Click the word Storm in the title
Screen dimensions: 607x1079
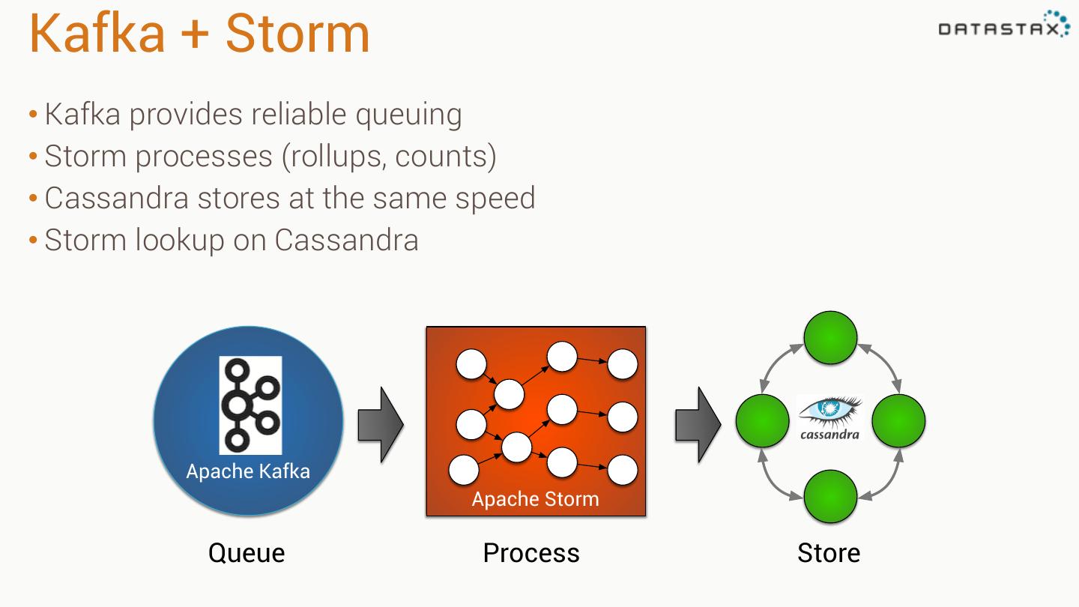pos(297,34)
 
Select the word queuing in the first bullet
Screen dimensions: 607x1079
pos(408,115)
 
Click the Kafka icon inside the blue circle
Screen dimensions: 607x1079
pos(250,405)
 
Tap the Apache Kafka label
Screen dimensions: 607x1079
pos(248,471)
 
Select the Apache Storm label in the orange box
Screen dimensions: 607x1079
pos(535,499)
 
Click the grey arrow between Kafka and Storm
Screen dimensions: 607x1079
pos(381,425)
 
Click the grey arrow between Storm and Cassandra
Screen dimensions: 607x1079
pos(698,425)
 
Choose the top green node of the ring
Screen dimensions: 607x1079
pos(830,338)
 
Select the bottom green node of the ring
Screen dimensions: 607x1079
pos(830,497)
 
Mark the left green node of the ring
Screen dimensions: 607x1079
pos(762,421)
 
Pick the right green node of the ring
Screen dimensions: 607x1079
pos(898,421)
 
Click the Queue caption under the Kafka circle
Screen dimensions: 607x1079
pos(247,553)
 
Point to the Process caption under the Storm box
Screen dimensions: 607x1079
pos(531,553)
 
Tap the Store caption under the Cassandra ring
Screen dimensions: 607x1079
pos(829,553)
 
